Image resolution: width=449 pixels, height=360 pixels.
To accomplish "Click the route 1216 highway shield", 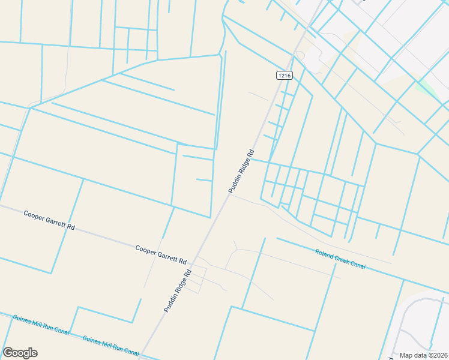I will click(285, 75).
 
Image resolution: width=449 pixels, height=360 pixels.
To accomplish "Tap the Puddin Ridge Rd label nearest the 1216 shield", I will click(241, 171).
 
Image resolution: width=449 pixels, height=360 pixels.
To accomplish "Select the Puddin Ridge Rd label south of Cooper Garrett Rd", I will click(178, 290).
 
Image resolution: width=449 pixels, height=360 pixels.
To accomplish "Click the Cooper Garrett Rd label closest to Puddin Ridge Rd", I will click(161, 254).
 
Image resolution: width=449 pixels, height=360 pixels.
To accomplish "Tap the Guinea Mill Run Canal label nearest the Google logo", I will click(38, 324).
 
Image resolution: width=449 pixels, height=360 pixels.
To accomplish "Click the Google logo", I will click(20, 353).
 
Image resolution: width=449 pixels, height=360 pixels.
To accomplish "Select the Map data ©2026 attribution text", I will click(423, 355).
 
